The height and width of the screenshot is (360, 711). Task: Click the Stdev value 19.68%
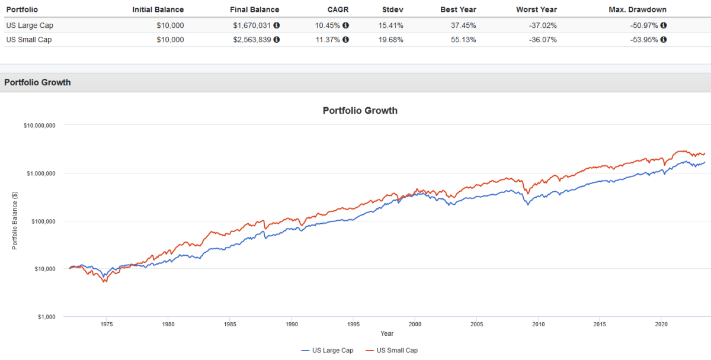391,40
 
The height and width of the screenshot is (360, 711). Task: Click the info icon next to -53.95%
664,40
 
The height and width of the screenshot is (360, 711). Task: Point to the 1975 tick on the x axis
106,324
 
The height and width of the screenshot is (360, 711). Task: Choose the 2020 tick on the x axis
661,324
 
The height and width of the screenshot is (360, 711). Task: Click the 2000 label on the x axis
415,324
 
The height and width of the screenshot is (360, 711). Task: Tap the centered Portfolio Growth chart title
360,111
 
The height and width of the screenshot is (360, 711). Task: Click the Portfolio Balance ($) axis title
15,221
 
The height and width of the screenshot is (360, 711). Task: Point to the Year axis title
387,333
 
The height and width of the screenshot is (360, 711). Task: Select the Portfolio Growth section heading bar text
37,82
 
